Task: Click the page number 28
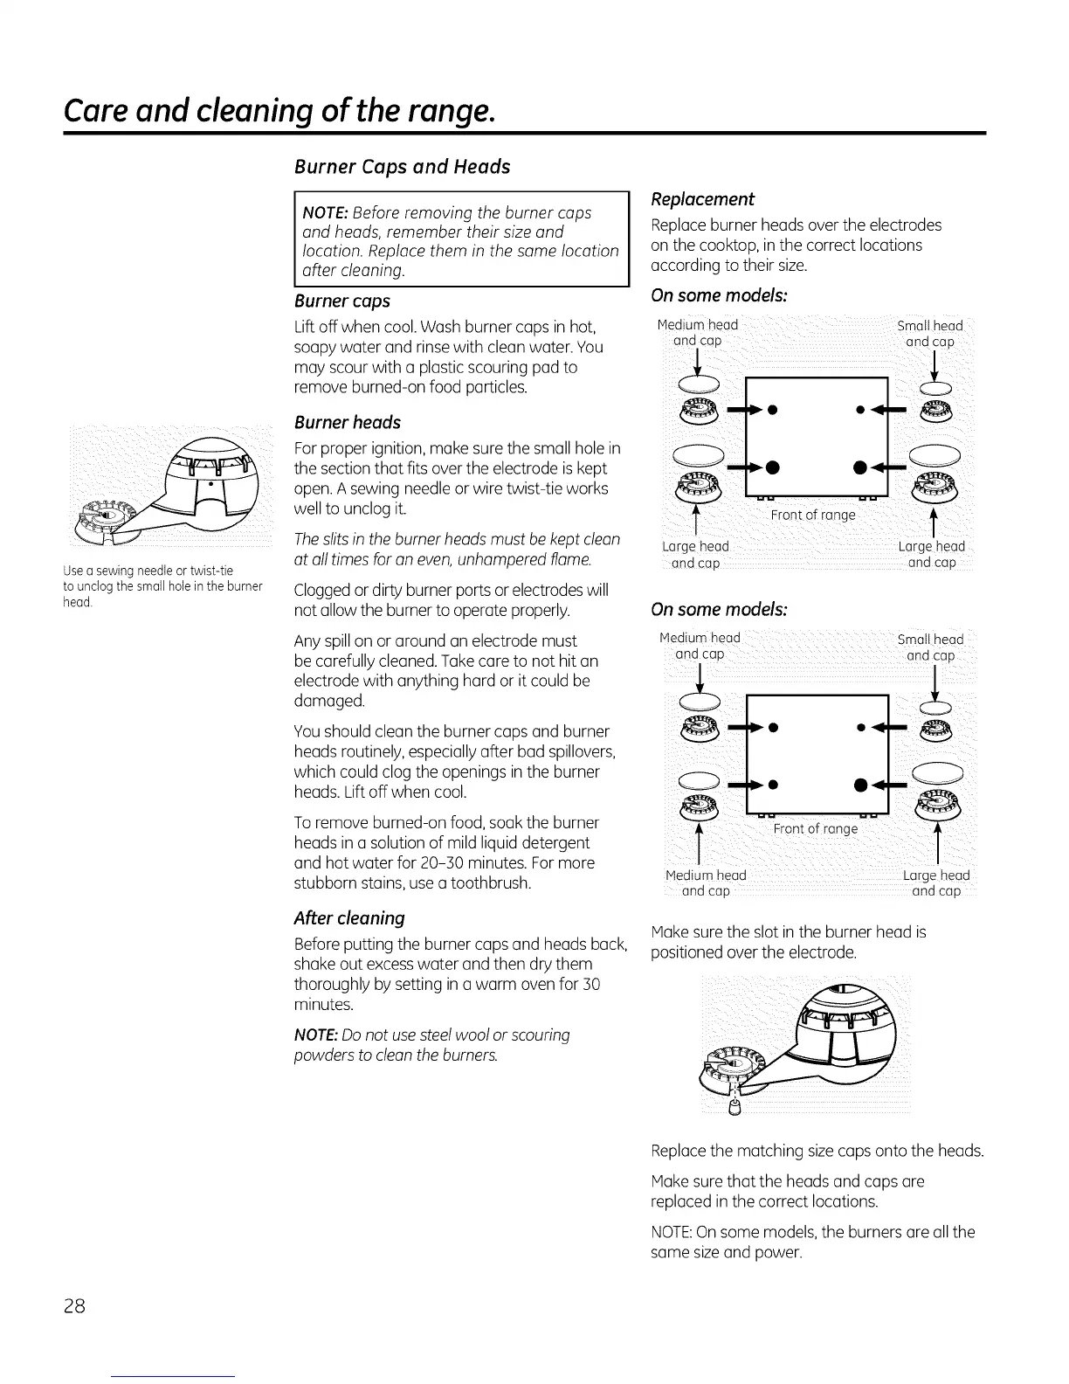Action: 73,1306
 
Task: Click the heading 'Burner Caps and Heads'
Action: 403,167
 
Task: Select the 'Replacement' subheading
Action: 703,199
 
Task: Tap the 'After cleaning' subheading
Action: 349,918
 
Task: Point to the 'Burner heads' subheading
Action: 348,423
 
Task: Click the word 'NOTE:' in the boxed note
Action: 326,213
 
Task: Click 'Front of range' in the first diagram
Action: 813,515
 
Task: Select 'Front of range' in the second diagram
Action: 816,828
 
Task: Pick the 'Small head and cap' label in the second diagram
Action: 930,647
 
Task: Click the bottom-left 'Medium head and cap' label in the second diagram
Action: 706,883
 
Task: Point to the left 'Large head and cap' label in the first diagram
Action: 695,555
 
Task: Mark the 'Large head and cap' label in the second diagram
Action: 935,883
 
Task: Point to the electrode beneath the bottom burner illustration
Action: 734,1108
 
